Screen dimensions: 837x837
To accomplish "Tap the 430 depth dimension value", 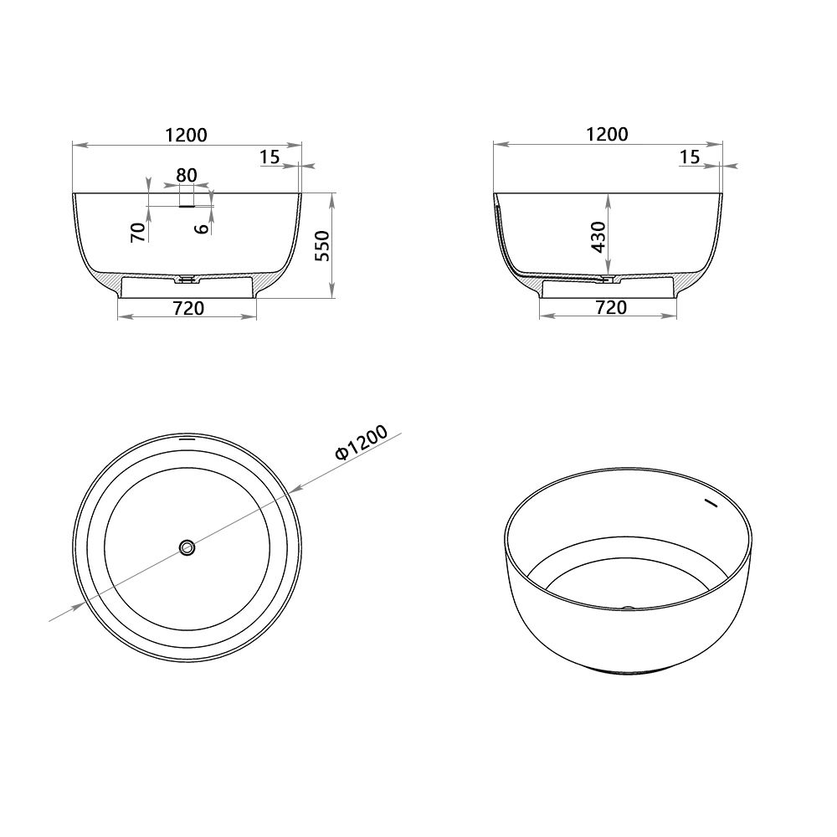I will [598, 237].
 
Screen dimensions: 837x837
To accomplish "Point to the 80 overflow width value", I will [187, 176].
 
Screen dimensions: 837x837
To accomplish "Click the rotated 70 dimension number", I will [139, 232].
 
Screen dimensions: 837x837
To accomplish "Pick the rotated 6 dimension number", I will [201, 228].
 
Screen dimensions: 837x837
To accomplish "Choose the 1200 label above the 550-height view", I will [186, 134].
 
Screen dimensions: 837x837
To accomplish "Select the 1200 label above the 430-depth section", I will [607, 134].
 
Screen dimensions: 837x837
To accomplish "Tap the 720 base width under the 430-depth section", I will [610, 308].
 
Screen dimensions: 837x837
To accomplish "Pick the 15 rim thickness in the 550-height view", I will [269, 157].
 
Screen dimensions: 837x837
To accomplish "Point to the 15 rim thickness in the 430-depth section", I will [689, 157].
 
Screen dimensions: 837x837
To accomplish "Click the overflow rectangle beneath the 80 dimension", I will [187, 203].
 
